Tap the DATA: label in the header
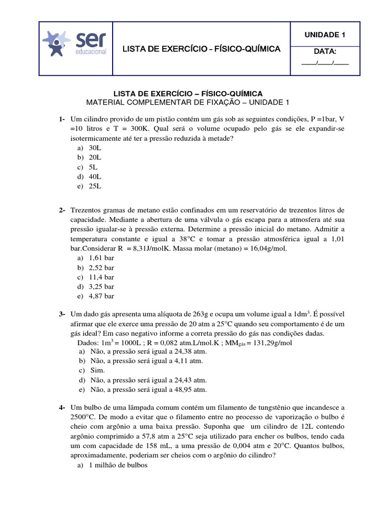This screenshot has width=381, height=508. pyautogui.click(x=325, y=52)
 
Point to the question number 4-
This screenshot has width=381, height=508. pyautogui.click(x=62, y=407)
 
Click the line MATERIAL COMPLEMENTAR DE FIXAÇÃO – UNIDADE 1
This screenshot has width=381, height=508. pyautogui.click(x=187, y=102)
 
